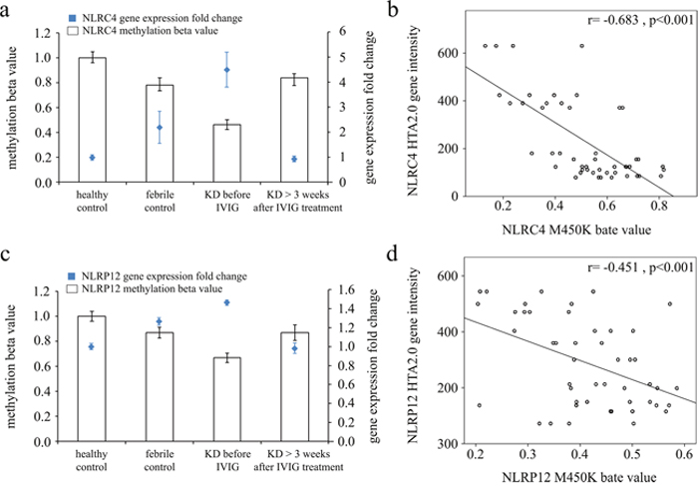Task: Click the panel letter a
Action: point(8,9)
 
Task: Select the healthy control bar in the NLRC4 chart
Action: point(92,120)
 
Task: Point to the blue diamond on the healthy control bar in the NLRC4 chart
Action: point(92,158)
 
